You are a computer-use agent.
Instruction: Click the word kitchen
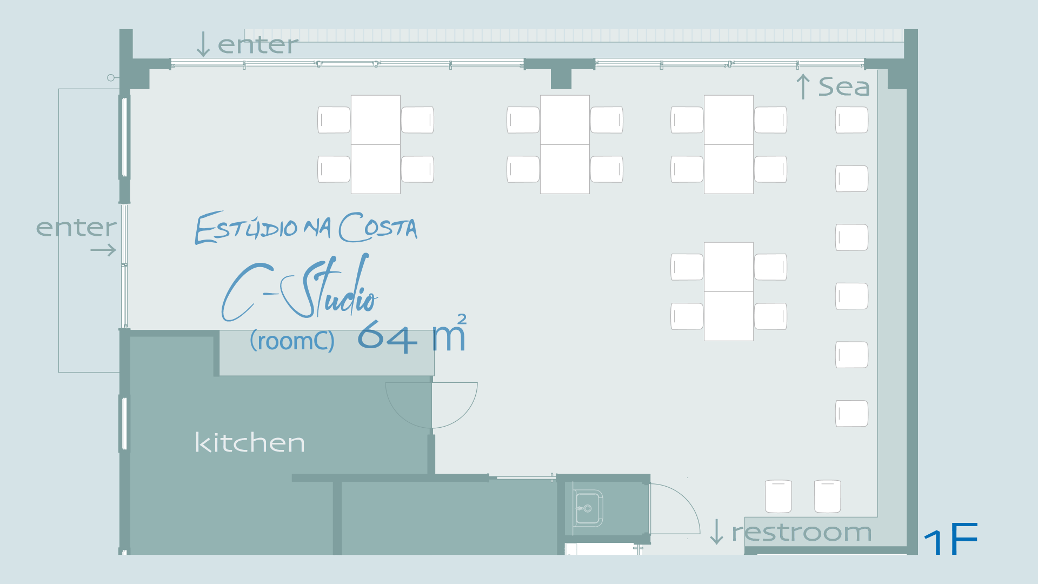click(x=250, y=442)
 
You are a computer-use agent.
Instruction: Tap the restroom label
click(x=802, y=532)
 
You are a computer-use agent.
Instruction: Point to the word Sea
click(x=844, y=87)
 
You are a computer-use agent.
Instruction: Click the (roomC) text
click(x=292, y=341)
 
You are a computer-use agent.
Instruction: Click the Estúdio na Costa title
click(x=306, y=228)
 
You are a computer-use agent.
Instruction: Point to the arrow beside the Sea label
click(x=803, y=87)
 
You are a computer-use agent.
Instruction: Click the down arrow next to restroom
click(x=716, y=532)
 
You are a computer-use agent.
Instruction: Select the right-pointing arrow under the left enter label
click(x=103, y=250)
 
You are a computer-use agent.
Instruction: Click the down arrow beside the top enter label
click(x=203, y=44)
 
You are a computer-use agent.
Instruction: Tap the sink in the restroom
click(x=588, y=508)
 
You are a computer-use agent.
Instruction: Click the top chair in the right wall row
click(x=851, y=120)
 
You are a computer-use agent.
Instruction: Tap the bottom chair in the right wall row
click(x=851, y=414)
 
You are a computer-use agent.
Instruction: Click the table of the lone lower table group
click(x=729, y=291)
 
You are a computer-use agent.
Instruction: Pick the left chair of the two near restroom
click(x=778, y=496)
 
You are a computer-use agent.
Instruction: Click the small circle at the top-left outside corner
click(x=111, y=78)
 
